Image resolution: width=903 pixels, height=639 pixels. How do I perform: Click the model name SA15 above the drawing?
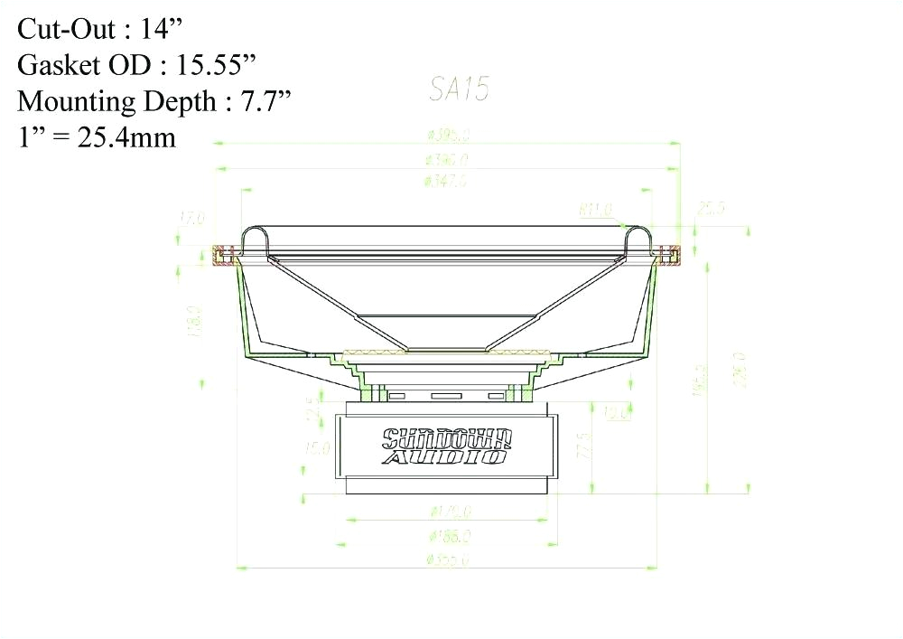click(459, 89)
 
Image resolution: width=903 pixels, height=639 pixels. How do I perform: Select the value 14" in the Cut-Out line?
click(163, 29)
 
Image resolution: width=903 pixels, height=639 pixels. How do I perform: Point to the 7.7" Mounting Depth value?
click(268, 101)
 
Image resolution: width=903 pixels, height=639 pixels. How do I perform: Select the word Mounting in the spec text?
click(73, 101)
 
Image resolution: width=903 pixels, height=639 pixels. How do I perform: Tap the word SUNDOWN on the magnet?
click(448, 439)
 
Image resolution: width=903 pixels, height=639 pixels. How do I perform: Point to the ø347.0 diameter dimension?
click(445, 181)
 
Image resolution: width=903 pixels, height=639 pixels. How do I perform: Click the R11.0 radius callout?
click(595, 211)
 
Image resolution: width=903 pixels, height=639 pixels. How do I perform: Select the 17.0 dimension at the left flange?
click(192, 218)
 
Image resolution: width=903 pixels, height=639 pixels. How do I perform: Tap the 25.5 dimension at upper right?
click(711, 209)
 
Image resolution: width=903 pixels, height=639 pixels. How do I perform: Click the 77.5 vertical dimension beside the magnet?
click(586, 446)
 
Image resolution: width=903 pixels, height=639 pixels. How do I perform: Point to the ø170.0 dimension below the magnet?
click(449, 512)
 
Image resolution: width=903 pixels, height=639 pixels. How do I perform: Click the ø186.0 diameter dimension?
click(449, 536)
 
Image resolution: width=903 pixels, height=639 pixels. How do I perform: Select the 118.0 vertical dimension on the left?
click(192, 322)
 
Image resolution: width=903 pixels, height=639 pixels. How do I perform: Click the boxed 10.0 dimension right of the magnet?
click(617, 414)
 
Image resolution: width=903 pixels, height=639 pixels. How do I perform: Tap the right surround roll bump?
click(639, 238)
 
